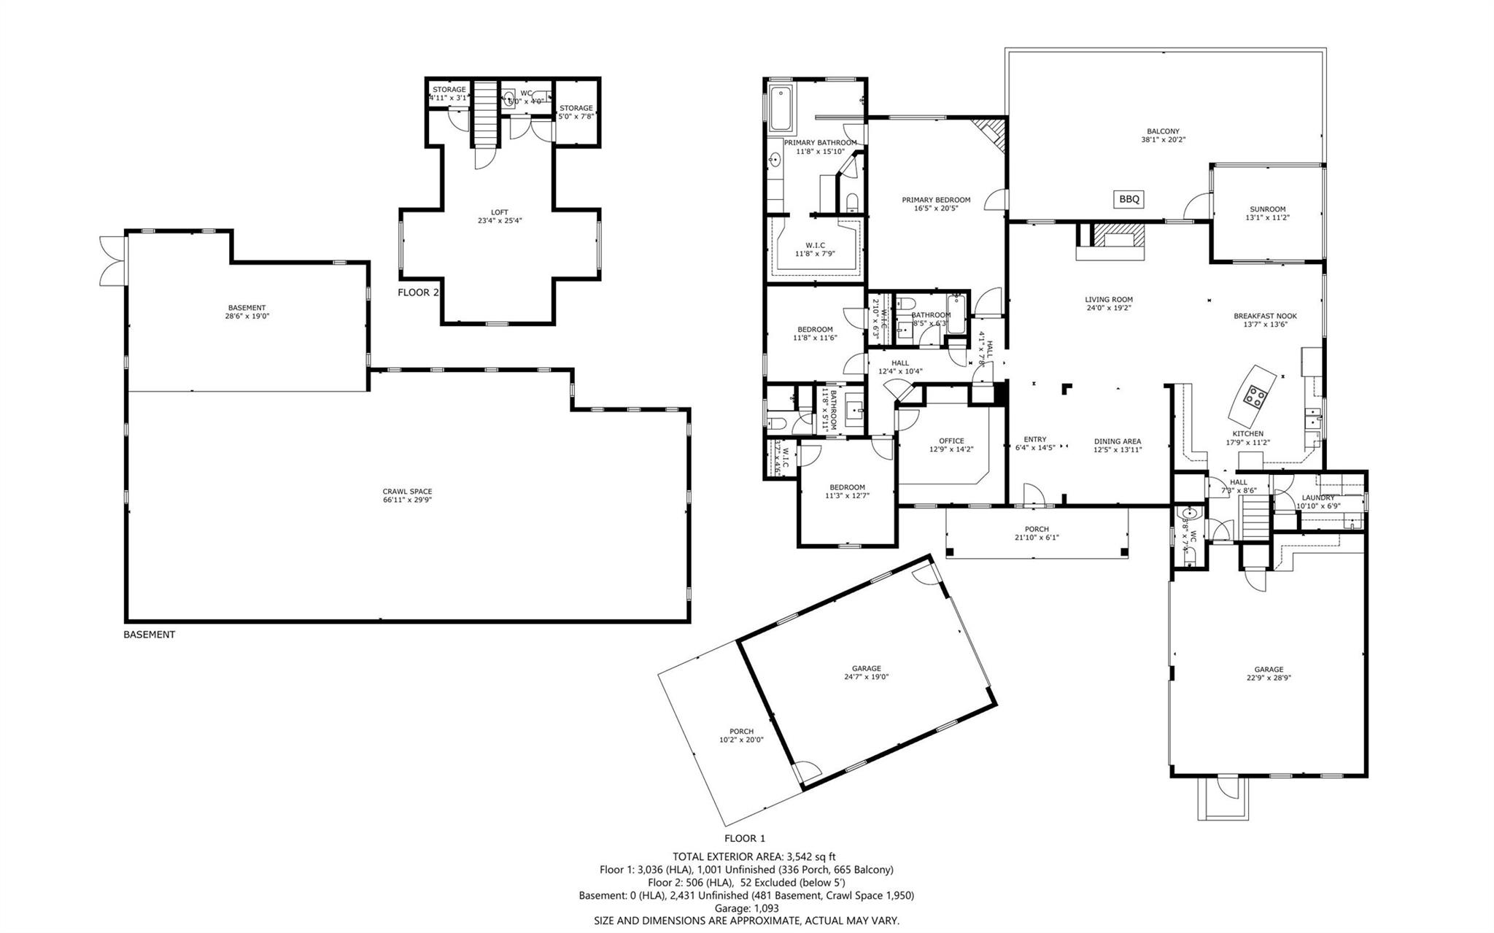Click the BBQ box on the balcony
click(x=1129, y=198)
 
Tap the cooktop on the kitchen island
click(x=1254, y=396)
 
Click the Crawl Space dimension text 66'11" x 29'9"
click(x=408, y=500)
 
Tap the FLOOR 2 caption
click(x=418, y=293)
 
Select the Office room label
click(x=951, y=441)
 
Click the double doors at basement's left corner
click(x=112, y=260)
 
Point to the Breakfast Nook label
click(x=1265, y=316)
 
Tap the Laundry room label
click(x=1317, y=498)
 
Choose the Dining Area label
click(x=1117, y=441)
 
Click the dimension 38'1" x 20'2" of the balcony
click(x=1162, y=140)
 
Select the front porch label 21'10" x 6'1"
click(x=1036, y=538)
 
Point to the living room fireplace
click(x=1110, y=241)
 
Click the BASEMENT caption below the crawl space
click(x=149, y=635)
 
